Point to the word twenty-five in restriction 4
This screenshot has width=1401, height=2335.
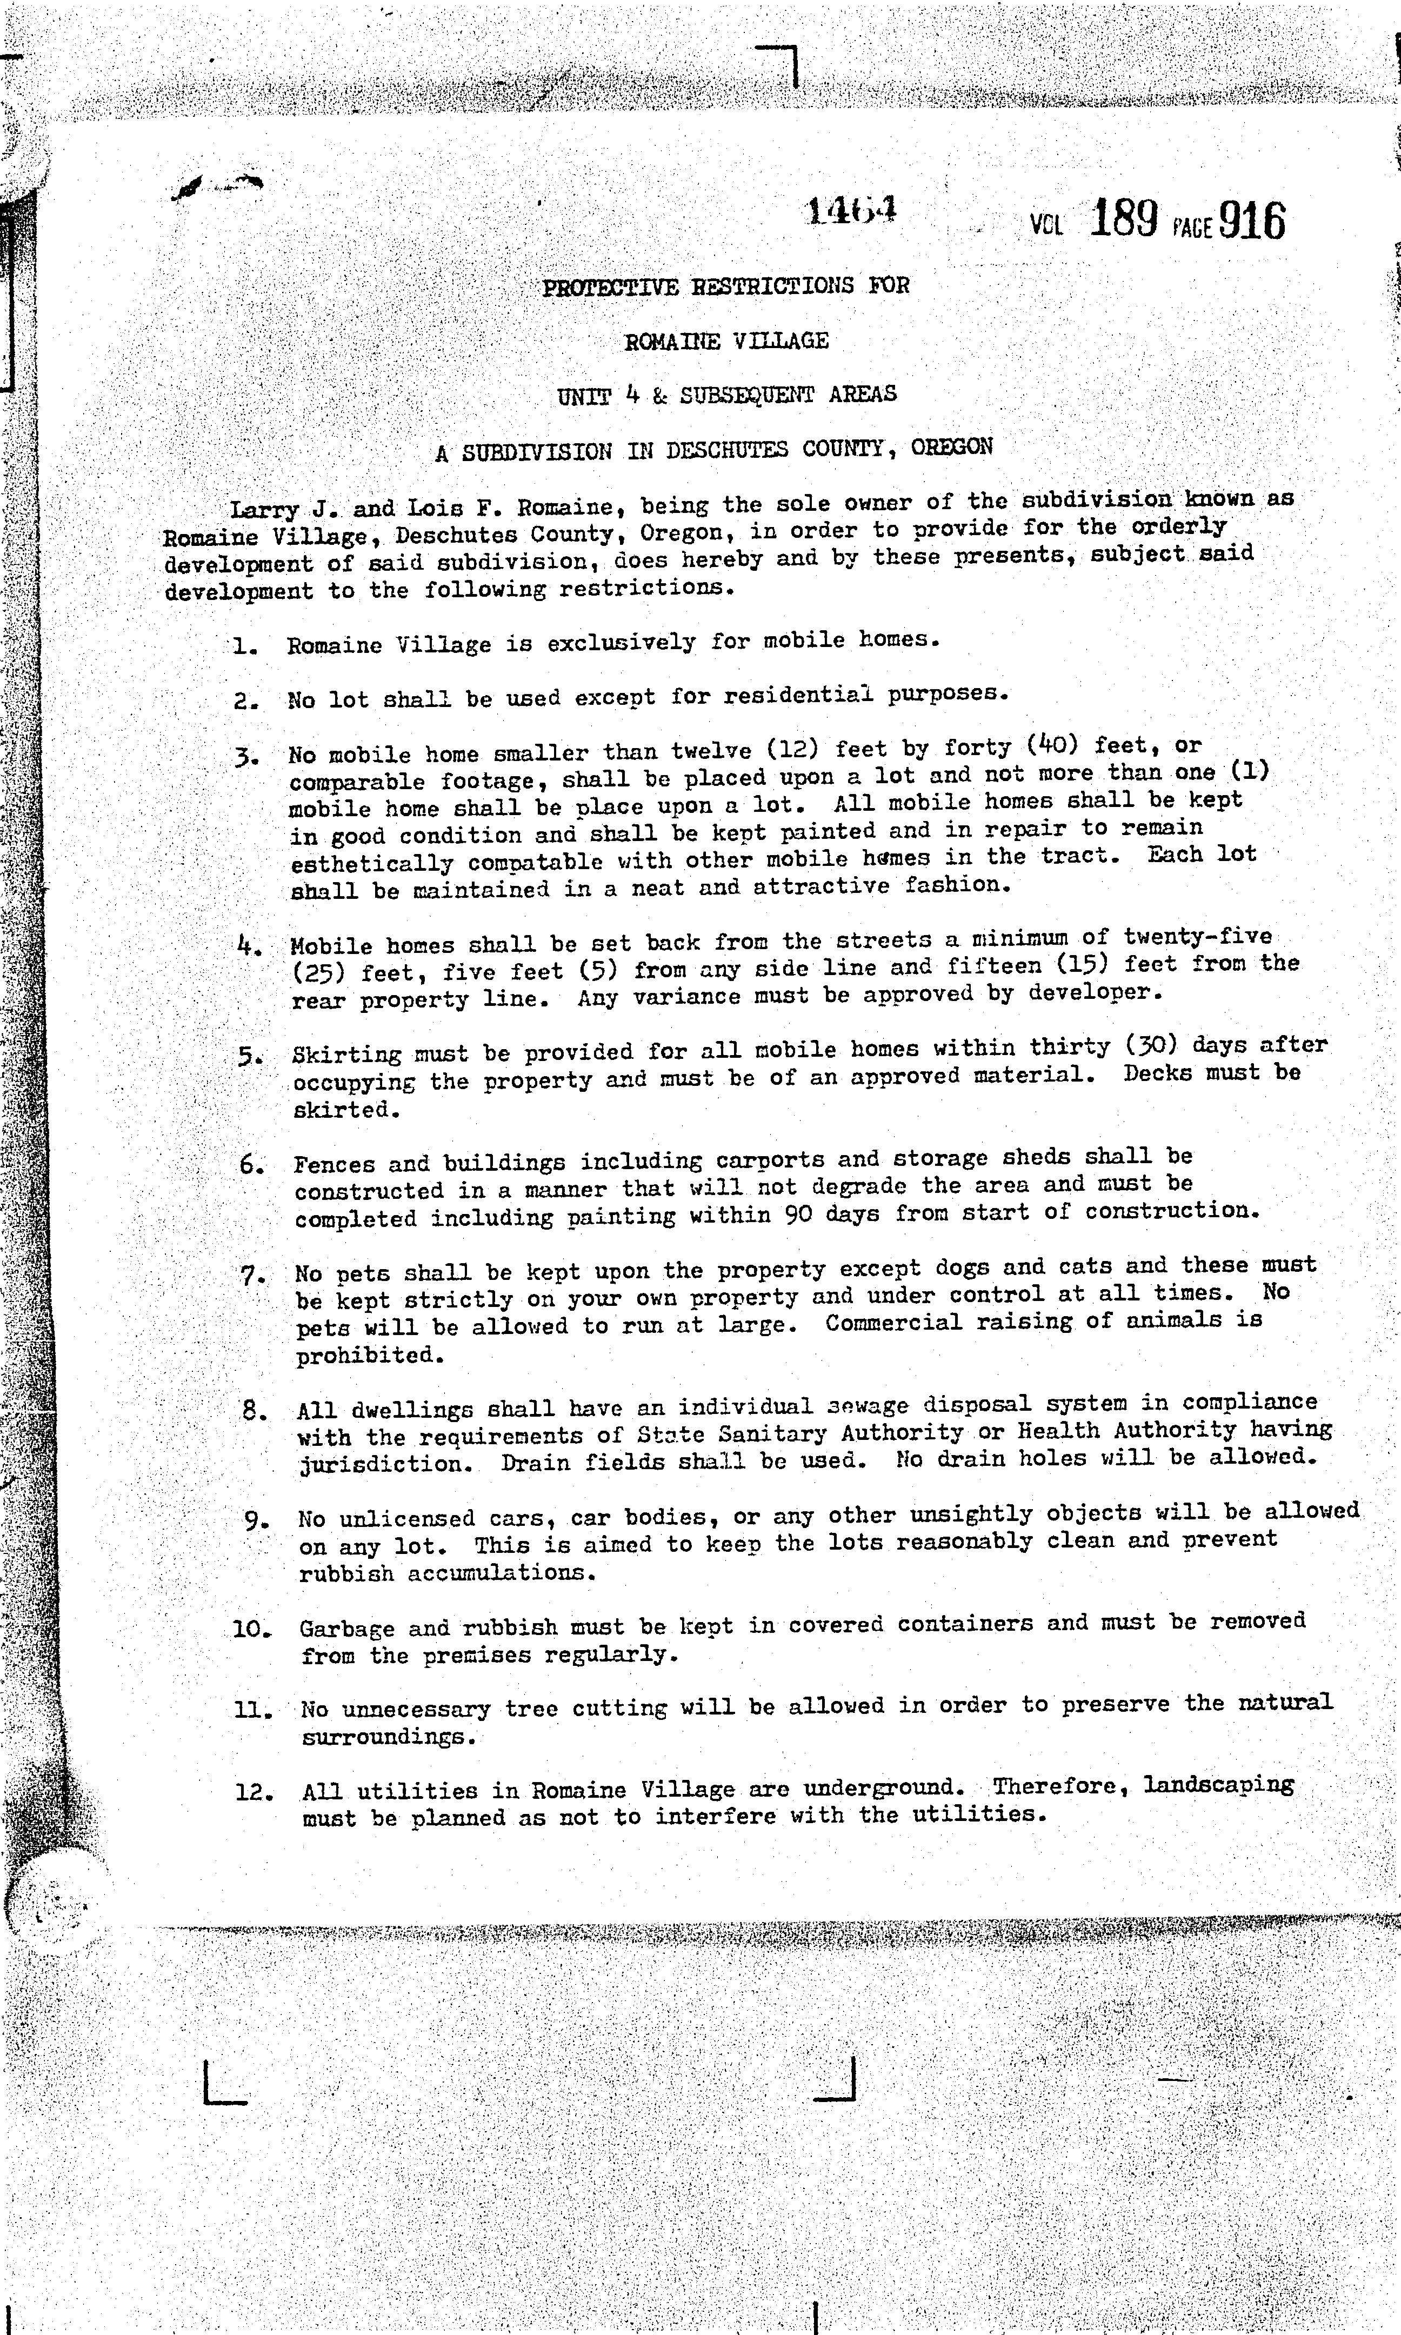click(1197, 937)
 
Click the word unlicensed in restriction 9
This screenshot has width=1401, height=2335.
click(407, 1519)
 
